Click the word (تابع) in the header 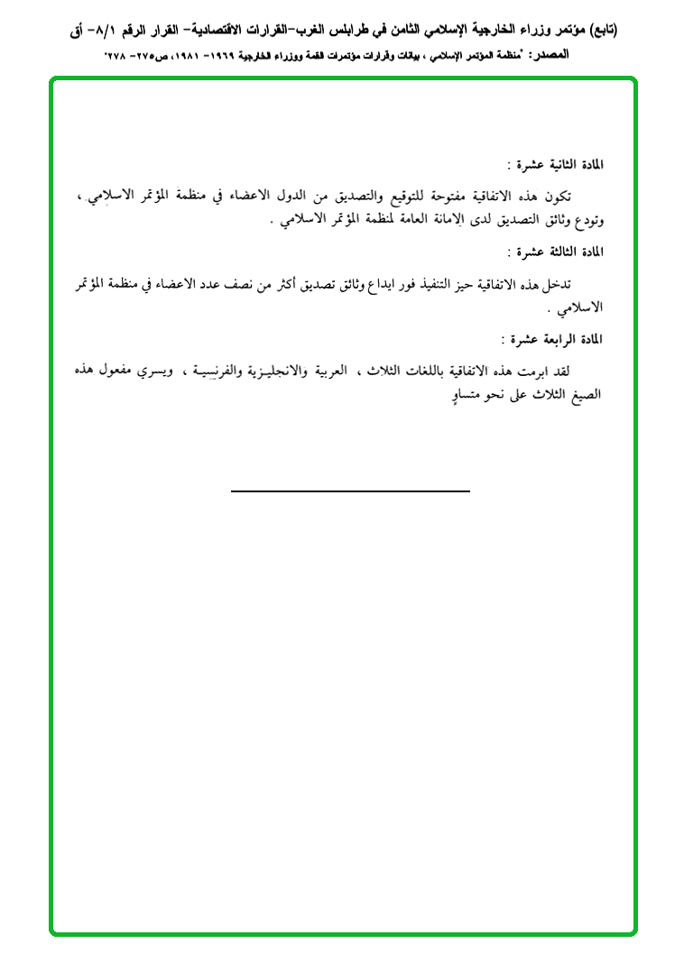tap(598, 30)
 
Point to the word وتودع tap(587, 221)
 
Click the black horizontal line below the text tap(350, 491)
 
